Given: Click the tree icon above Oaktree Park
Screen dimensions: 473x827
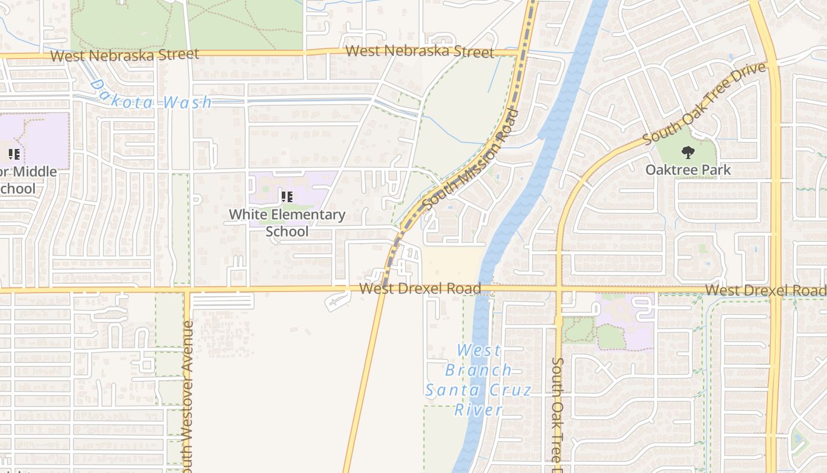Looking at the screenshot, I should pyautogui.click(x=688, y=153).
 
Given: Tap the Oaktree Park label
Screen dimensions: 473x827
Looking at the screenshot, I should pyautogui.click(x=688, y=170).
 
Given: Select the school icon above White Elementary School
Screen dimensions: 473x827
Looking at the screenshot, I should pyautogui.click(x=287, y=197).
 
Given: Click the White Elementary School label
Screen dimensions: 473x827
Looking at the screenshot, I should pyautogui.click(x=287, y=222).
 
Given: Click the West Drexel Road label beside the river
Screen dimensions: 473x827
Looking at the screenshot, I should pyautogui.click(x=419, y=289).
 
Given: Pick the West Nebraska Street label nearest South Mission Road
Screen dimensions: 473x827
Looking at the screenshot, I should pyautogui.click(x=419, y=51).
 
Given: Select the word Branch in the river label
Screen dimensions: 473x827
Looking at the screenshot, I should pyautogui.click(x=478, y=370).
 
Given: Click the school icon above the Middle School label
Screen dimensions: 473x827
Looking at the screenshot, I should pyautogui.click(x=14, y=155).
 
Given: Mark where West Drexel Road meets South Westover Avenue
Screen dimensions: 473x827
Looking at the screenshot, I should pyautogui.click(x=187, y=290).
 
